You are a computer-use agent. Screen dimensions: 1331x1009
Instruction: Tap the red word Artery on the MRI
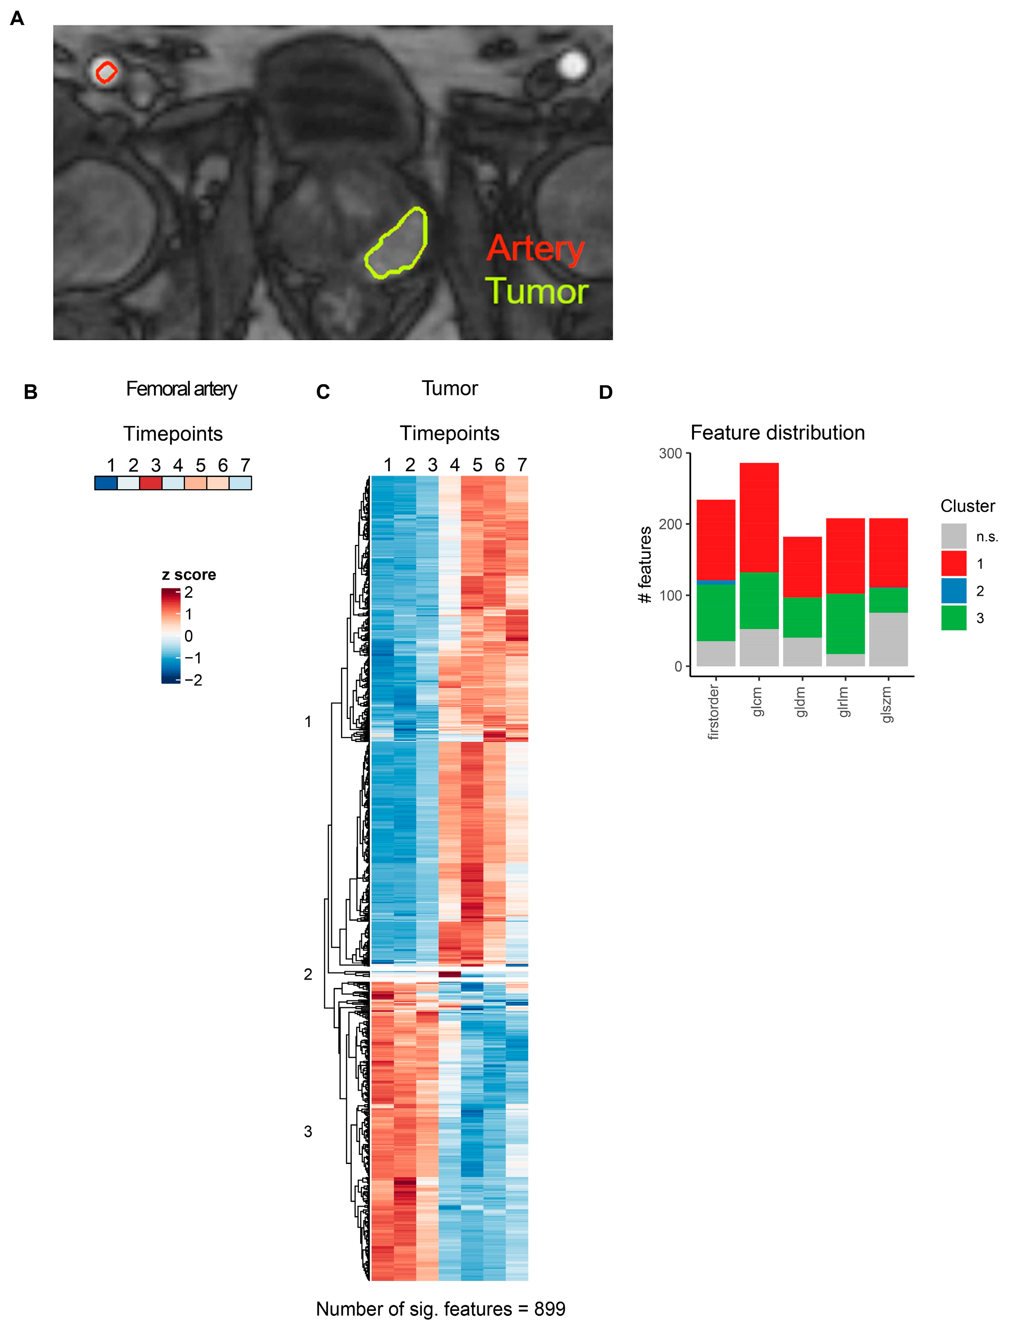[535, 248]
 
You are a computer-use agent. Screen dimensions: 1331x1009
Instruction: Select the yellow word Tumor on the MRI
[536, 291]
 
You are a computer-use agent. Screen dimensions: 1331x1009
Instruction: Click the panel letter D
[606, 392]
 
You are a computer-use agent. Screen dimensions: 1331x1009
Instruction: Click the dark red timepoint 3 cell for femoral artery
[151, 483]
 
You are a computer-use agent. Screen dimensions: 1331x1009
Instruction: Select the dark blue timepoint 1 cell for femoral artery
[106, 483]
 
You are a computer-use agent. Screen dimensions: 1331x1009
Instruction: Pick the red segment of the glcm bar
[759, 517]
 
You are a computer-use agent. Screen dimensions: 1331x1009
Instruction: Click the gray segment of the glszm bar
[888, 639]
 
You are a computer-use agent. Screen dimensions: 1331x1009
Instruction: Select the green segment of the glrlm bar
[845, 623]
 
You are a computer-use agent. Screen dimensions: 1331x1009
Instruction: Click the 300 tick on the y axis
[670, 453]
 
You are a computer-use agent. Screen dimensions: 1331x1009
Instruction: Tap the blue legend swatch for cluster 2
[954, 590]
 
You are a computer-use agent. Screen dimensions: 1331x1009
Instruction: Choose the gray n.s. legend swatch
[954, 535]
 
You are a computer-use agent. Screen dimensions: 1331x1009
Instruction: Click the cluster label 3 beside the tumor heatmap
[308, 1131]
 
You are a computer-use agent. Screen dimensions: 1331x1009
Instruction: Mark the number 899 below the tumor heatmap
[549, 1308]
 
